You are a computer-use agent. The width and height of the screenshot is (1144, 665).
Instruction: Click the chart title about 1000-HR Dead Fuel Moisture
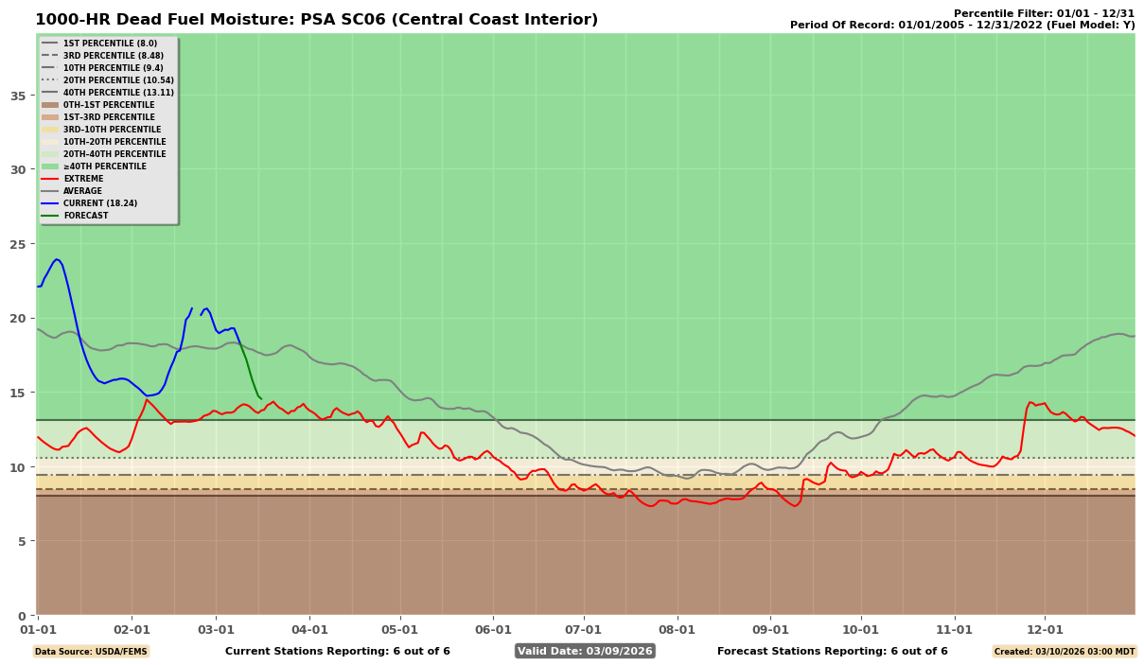pyautogui.click(x=316, y=20)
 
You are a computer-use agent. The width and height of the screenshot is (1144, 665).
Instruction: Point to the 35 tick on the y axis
pyautogui.click(x=18, y=96)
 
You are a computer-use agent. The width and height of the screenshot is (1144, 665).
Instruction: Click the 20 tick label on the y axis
pyautogui.click(x=18, y=318)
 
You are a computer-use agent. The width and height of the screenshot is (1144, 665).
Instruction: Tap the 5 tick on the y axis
pyautogui.click(x=22, y=541)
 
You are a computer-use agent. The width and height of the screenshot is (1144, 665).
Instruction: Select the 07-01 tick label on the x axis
pyautogui.click(x=584, y=629)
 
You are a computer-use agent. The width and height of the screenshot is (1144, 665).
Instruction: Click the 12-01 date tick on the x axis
pyautogui.click(x=1046, y=629)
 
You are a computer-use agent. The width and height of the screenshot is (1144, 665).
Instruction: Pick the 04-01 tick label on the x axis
pyautogui.click(x=309, y=629)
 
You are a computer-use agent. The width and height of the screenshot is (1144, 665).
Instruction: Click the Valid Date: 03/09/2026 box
pyautogui.click(x=585, y=651)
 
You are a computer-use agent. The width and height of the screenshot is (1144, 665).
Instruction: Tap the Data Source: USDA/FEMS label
pyautogui.click(x=91, y=651)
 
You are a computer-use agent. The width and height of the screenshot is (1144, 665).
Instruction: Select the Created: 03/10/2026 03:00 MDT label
pyautogui.click(x=1064, y=651)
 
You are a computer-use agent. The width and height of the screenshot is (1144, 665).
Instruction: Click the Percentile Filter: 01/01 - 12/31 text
pyautogui.click(x=1044, y=13)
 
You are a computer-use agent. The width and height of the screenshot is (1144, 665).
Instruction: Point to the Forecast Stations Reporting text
pyautogui.click(x=832, y=651)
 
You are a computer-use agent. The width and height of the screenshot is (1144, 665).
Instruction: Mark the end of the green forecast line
pyautogui.click(x=261, y=399)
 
